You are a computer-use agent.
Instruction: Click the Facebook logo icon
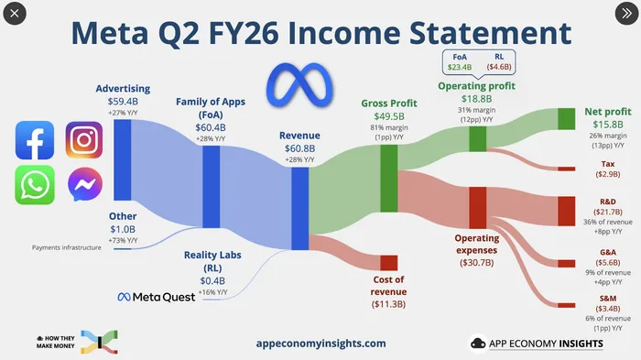(x=35, y=140)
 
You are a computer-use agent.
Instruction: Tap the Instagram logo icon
(x=84, y=140)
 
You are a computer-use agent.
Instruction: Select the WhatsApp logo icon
(x=35, y=185)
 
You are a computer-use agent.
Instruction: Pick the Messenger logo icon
(x=85, y=184)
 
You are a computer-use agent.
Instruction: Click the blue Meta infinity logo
(x=299, y=85)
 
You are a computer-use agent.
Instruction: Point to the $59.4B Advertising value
(x=123, y=102)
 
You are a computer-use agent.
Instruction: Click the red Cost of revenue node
(x=389, y=263)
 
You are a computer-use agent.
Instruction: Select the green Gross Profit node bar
(x=389, y=179)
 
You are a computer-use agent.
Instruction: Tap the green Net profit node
(x=567, y=119)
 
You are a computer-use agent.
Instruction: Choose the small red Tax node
(x=567, y=169)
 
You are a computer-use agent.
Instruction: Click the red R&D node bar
(x=567, y=211)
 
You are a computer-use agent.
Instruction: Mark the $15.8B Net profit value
(x=608, y=125)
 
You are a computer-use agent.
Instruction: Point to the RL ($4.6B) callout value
(x=499, y=67)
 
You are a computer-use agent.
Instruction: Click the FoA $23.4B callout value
(x=460, y=67)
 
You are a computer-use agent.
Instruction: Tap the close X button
(x=15, y=14)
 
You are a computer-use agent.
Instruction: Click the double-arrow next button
(x=626, y=14)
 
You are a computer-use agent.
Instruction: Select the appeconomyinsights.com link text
(x=320, y=344)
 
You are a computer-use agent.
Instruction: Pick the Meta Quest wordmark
(x=157, y=297)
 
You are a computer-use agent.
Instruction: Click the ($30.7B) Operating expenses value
(x=477, y=263)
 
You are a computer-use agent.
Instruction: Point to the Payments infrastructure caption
(x=67, y=247)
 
